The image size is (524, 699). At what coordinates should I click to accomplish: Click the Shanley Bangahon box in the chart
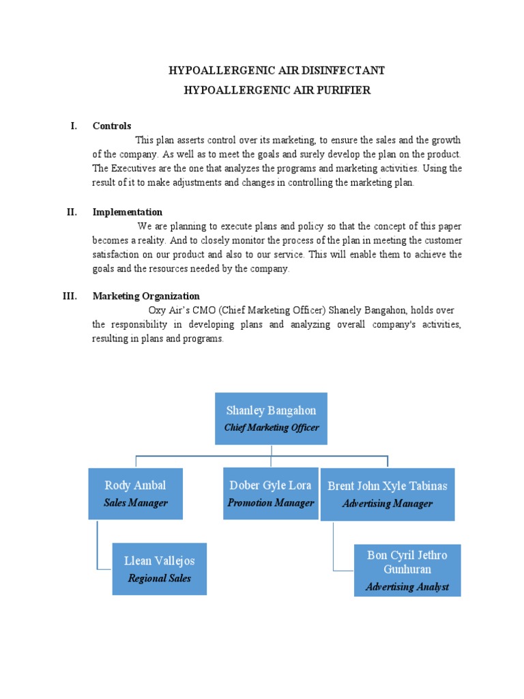coord(271,418)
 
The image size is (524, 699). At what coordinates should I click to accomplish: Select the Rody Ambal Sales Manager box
coord(135,493)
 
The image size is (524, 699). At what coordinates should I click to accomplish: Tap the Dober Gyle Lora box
coord(271,493)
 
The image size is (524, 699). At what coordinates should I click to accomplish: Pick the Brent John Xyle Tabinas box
coord(387,494)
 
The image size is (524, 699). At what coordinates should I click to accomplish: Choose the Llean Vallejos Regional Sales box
coord(159,569)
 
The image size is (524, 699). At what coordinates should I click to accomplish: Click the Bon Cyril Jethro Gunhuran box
coord(407,570)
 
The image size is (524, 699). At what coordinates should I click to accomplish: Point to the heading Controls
coord(112,126)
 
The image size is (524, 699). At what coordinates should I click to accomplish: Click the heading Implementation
coord(128,212)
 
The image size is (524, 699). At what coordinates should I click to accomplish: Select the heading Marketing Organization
coord(146,296)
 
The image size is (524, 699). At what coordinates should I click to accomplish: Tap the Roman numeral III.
coord(70,296)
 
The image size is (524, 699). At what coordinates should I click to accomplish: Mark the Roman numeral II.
coord(72,212)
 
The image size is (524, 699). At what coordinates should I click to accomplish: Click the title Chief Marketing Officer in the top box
coord(272,428)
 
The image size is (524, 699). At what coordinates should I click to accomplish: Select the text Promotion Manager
coord(271,503)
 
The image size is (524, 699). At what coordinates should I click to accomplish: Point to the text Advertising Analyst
coord(407,586)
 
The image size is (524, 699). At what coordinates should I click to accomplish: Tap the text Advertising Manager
coord(387,504)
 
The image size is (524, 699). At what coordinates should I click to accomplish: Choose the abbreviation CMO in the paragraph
coord(207,310)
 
